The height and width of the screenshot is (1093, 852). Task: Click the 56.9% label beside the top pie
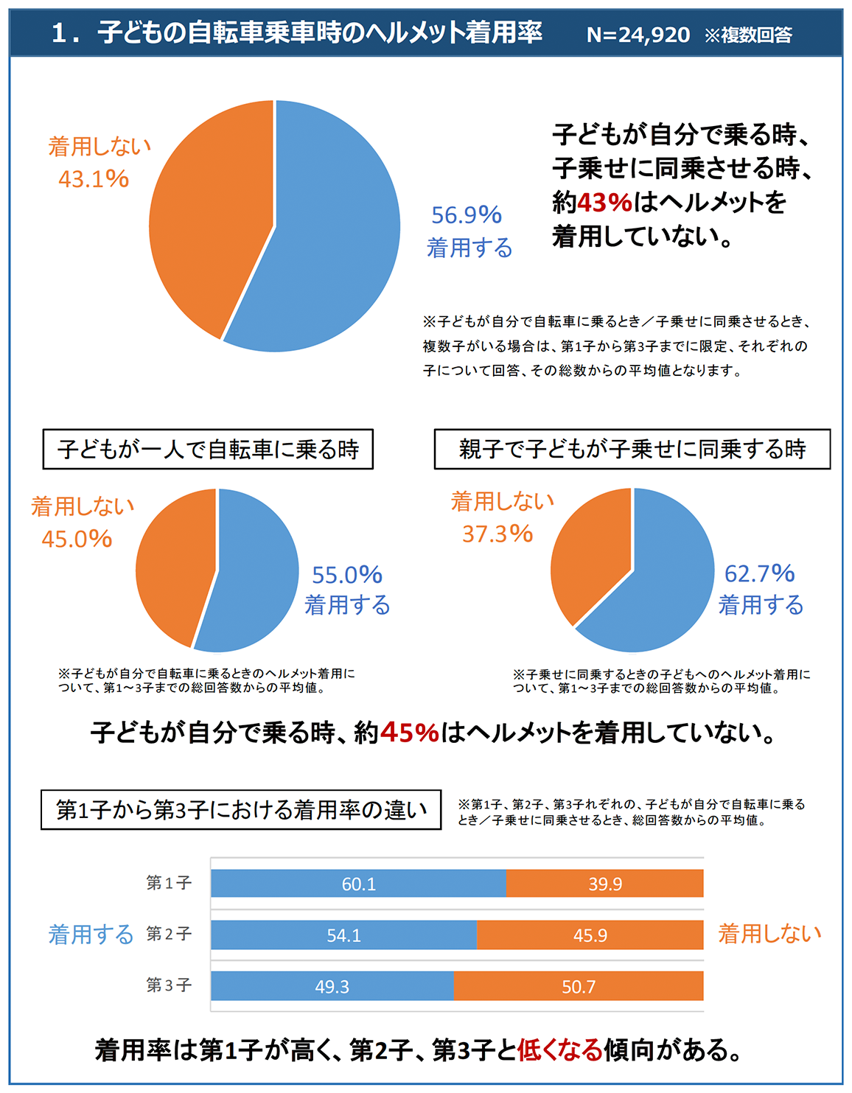[466, 215]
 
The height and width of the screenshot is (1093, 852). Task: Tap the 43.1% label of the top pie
[94, 179]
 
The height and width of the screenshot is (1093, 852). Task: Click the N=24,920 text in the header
[638, 35]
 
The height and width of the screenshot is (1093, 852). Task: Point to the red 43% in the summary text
[604, 202]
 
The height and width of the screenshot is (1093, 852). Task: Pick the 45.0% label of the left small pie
[77, 539]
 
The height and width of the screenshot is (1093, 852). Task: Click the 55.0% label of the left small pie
[346, 575]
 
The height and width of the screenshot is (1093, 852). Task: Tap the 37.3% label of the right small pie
[497, 534]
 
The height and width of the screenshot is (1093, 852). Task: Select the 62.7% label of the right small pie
[759, 573]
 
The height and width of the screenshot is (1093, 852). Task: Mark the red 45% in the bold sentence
[409, 733]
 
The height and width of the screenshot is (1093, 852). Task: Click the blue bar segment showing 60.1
[358, 884]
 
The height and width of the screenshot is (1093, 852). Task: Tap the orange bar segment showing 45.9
[590, 935]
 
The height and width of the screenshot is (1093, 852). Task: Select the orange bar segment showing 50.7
[579, 987]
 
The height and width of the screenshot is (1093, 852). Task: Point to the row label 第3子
[169, 985]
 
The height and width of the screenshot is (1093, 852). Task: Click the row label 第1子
[169, 883]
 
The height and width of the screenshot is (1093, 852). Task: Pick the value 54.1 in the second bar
[344, 936]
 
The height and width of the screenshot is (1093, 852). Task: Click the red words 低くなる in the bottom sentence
[560, 1050]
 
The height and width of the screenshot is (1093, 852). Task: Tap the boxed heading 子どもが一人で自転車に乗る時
[208, 449]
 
